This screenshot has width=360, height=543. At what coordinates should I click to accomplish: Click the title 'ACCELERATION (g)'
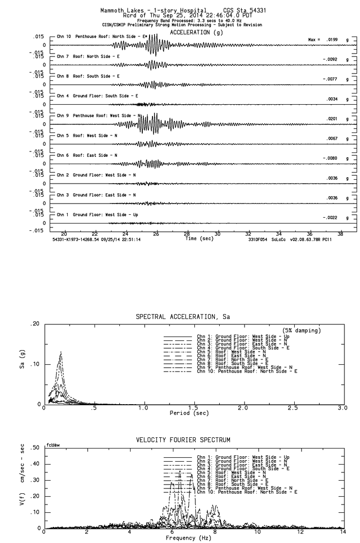coord(190,32)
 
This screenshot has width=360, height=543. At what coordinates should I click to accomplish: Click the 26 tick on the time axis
coord(156,234)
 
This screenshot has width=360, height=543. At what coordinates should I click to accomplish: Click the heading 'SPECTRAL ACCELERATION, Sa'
coord(183,317)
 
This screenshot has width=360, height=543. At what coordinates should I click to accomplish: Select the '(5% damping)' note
coord(301,331)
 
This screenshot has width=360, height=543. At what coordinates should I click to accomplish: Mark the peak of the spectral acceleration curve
coord(61,352)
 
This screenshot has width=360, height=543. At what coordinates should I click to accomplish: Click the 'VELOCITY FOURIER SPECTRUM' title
coord(183,440)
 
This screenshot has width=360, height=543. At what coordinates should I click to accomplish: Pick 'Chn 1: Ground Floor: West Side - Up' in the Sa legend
coord(243,336)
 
